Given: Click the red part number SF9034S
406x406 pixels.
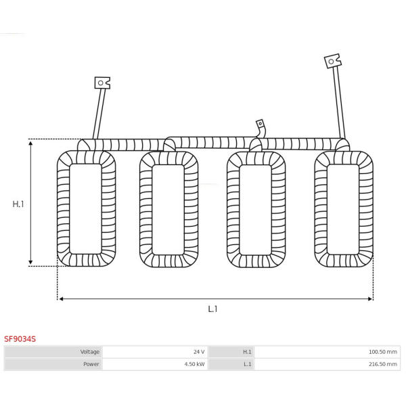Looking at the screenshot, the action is click(20, 339).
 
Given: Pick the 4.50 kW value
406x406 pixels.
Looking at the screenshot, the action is click(194, 364).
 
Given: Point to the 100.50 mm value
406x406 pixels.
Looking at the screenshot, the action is click(383, 352).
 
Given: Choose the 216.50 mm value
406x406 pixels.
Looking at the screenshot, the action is click(383, 364).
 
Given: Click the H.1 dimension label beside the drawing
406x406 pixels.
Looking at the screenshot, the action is click(18, 204).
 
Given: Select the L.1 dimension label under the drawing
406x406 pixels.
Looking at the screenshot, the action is click(213, 309).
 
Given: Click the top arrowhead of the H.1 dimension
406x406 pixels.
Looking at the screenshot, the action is click(30, 143).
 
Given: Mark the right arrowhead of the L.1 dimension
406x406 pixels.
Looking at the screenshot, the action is click(370, 299).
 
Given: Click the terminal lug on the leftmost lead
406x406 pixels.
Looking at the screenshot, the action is click(102, 83).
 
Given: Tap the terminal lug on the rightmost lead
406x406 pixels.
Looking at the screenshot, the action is click(333, 61).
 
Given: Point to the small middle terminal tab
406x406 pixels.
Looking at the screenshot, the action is click(260, 124).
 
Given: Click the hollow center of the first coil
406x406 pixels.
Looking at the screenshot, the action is click(85, 209).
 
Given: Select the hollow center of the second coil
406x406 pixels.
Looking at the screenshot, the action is click(168, 210).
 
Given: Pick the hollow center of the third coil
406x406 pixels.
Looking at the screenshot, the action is click(256, 210).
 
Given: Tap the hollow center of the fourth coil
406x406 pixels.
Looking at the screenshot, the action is click(343, 209).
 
